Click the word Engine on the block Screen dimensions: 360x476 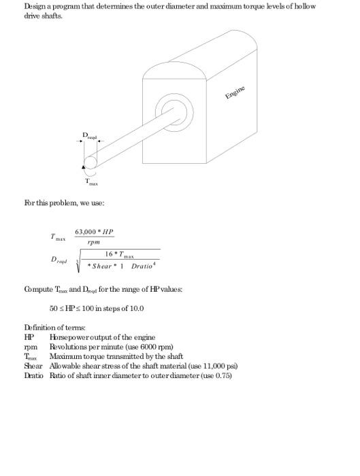tap(236, 92)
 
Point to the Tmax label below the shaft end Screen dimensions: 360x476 tap(91, 182)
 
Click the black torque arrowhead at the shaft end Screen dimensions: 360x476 tap(84, 165)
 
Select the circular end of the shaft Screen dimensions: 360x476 tap(91, 163)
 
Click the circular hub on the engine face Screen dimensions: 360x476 tap(169, 108)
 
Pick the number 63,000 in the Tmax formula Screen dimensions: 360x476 tap(86, 231)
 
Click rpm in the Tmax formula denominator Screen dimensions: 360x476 tap(94, 242)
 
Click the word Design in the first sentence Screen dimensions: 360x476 tap(35, 6)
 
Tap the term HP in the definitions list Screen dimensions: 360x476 tap(29, 337)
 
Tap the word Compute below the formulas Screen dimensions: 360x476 tap(38, 289)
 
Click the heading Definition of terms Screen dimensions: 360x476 tap(52, 328)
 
